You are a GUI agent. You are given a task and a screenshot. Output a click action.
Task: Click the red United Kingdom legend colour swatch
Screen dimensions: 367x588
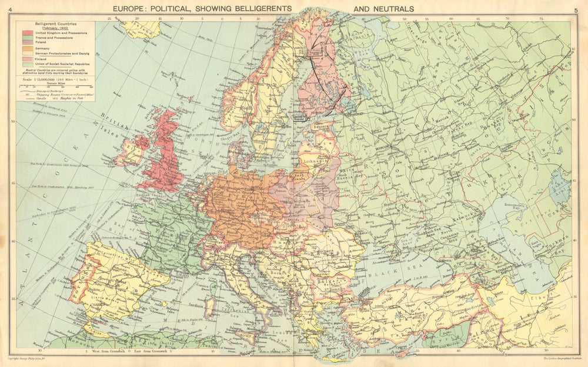point(27,33)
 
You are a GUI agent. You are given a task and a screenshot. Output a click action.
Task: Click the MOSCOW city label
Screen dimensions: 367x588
point(382,149)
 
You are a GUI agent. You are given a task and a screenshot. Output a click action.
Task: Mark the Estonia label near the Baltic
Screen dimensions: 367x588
point(320,125)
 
